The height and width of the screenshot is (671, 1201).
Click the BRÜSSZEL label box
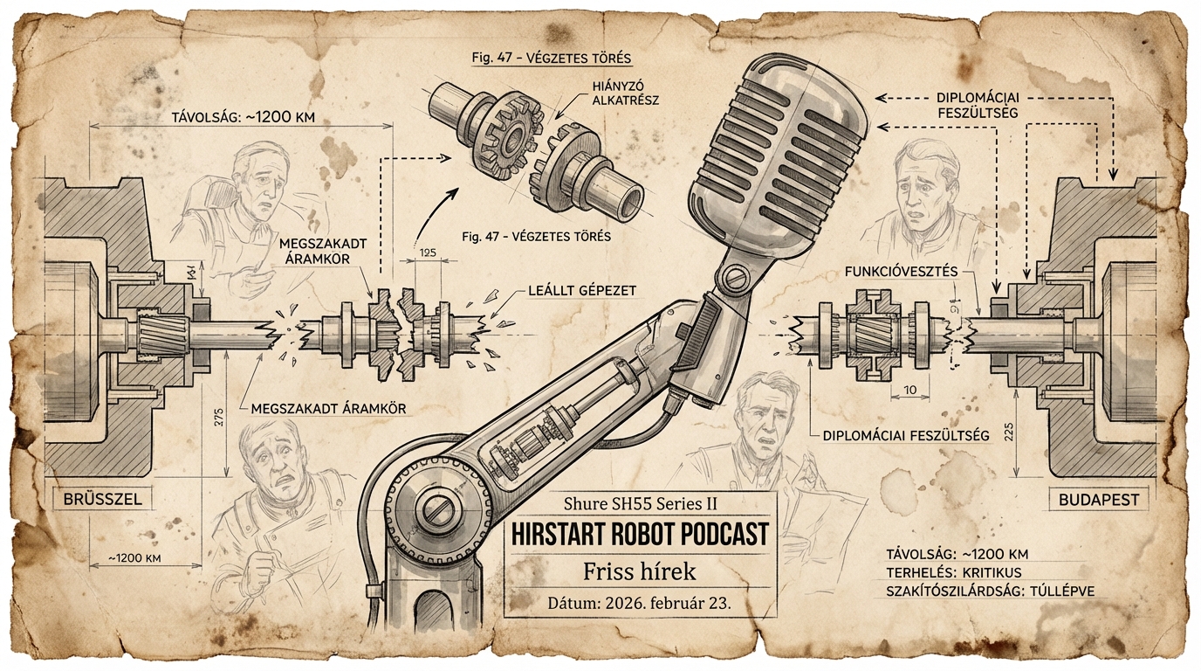pos(102,500)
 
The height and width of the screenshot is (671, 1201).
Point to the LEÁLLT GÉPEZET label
pos(583,289)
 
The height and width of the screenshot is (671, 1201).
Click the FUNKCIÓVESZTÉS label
pos(901,272)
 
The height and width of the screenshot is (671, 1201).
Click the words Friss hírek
pos(640,572)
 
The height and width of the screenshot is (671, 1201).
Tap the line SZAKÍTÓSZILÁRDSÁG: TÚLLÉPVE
pos(990,591)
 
